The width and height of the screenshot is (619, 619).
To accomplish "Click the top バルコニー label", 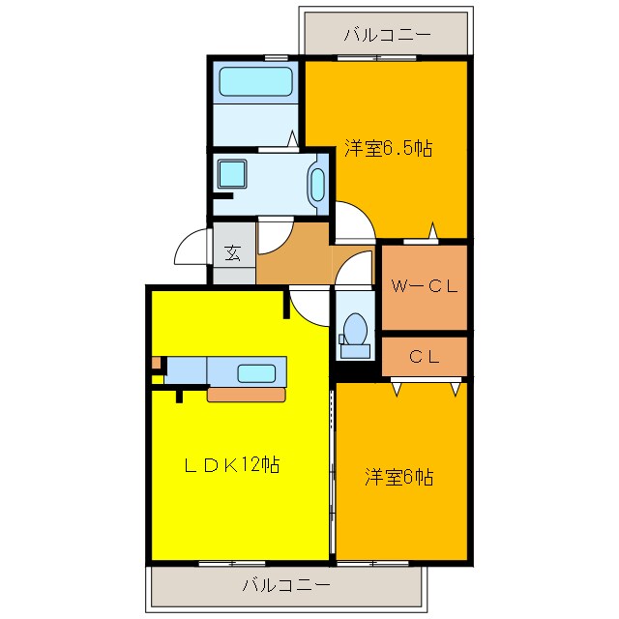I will pos(386,36).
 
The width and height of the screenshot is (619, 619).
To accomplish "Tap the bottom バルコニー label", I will pos(285,585).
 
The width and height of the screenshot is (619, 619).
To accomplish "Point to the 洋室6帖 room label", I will pos(398,477).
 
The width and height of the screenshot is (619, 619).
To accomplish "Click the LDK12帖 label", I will pos(232,465).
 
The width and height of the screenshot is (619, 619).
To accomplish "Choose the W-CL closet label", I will pos(424,286).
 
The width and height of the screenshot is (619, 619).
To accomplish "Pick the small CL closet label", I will pos(424,356).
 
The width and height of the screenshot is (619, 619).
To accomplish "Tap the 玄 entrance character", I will pos(233,253).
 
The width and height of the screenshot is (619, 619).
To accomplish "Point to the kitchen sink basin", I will pos(257,371).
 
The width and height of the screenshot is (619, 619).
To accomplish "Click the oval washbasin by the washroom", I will pos(317,184).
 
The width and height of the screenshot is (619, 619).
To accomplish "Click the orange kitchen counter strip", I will pos(247,395).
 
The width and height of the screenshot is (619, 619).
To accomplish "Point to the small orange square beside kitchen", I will pos(156,364).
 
